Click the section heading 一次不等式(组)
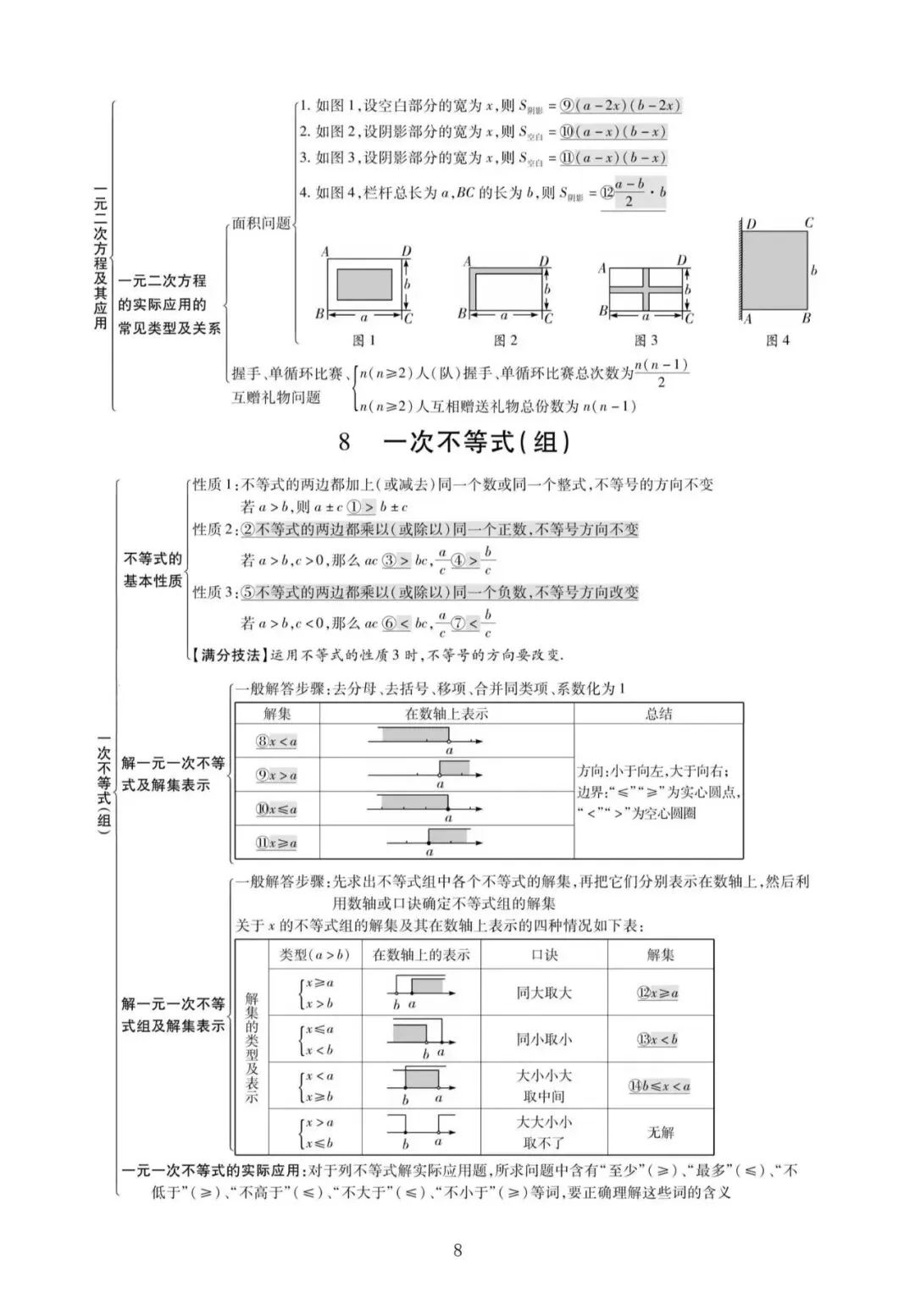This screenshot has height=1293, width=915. coord(476,443)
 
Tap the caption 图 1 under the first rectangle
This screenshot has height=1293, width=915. coord(363,340)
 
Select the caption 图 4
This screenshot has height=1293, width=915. coord(777,340)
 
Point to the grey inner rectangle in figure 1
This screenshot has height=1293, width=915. coord(364,285)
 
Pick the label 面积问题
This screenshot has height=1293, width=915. coord(261,224)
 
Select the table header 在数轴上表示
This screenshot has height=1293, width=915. coord(446,714)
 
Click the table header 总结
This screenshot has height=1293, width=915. coord(658,714)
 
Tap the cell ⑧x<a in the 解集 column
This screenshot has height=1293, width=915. coord(277,742)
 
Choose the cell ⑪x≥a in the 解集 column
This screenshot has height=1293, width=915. coord(277,843)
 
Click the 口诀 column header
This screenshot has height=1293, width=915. coord(544,955)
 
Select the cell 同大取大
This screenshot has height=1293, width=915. coord(544,993)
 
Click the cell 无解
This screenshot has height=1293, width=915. coord(660,1132)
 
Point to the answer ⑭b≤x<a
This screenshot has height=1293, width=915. coord(659,1086)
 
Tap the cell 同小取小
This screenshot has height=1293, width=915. coord(544,1040)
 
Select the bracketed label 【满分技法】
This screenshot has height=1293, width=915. coord(230,655)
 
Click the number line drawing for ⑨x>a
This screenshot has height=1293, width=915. coord(446,773)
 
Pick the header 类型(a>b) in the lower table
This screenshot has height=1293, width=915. coord(314,955)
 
